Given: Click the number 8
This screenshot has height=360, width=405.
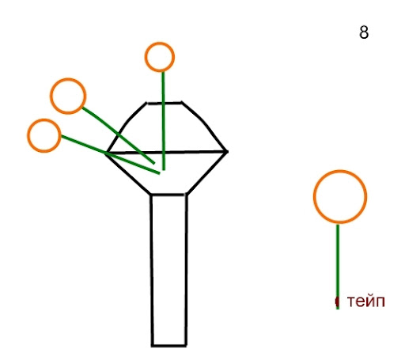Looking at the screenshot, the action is coord(364,32).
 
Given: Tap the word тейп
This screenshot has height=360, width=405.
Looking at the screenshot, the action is coord(365,301).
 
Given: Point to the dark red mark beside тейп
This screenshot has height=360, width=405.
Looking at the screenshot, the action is coord(336,301).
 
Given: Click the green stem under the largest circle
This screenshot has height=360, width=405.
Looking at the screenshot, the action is coord(338,266).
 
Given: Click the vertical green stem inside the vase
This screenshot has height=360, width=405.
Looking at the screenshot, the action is coord(163,121).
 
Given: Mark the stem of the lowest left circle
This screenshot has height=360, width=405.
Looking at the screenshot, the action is coord(110,154).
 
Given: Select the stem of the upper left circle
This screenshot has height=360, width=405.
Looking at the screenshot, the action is coord(119,135).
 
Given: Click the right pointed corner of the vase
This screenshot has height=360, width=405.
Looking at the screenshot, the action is coord(227,152).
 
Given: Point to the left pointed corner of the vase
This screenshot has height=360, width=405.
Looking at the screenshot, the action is coord(106,153).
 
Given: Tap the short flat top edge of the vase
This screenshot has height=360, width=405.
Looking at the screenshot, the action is coord(165,103).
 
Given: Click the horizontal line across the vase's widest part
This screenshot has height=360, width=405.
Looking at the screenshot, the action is coord(167,153).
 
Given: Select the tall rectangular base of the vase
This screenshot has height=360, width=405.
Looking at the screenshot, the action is coord(151,269).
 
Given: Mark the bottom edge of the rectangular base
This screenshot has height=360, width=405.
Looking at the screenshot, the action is coord(169,345).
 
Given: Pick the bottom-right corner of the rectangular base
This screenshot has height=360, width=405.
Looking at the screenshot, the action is coord(186,345).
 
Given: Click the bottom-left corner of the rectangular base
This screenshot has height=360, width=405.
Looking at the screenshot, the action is coord(152,346).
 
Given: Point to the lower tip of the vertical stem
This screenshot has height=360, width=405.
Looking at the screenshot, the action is coord(164,170).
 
